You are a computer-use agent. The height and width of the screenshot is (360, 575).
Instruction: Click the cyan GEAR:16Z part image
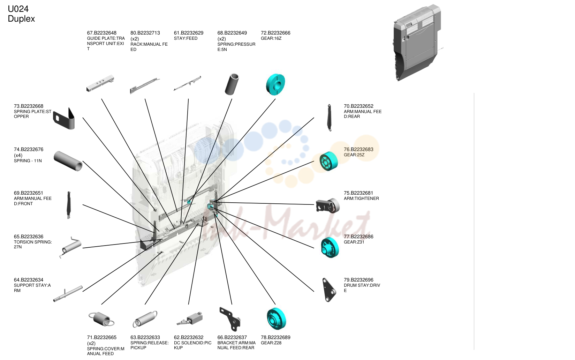(275, 84)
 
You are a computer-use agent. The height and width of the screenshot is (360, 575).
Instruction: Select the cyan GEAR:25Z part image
(328, 161)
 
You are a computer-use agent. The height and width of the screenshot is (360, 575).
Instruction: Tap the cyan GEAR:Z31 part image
(330, 247)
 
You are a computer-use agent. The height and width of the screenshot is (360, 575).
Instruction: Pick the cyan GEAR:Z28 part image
(276, 318)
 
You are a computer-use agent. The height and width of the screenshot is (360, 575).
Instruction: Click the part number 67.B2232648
(102, 33)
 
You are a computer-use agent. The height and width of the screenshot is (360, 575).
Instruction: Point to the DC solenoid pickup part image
(190, 318)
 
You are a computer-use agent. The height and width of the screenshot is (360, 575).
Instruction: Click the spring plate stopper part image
(64, 119)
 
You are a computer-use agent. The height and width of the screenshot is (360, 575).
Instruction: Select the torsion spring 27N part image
(70, 247)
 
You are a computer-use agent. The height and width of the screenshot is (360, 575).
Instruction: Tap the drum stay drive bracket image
(329, 290)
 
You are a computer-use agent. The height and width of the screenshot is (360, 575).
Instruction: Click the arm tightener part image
(328, 206)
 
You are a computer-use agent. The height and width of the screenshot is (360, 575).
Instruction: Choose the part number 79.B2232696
(358, 280)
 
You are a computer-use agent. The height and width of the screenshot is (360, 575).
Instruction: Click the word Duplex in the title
(21, 19)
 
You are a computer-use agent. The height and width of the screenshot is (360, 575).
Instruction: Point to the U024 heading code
(18, 9)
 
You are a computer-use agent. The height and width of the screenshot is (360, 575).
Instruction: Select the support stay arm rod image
(68, 294)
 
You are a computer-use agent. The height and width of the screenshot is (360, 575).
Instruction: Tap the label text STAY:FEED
(186, 38)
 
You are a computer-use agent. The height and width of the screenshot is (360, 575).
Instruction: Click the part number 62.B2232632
(189, 337)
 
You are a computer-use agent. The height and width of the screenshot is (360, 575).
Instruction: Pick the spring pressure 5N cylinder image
(232, 84)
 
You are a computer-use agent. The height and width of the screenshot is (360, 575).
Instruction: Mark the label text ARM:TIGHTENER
(362, 198)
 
